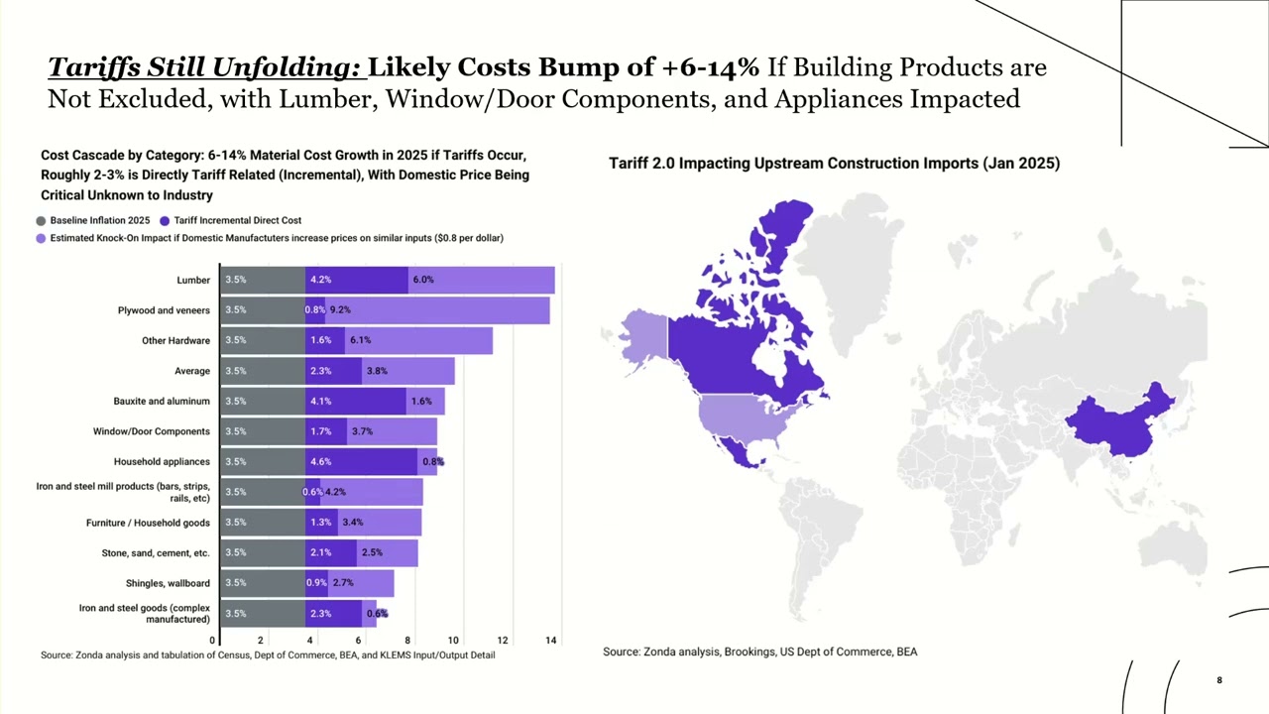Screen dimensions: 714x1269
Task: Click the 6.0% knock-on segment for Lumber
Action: click(x=481, y=280)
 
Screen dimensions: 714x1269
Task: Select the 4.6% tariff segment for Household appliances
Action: click(x=361, y=461)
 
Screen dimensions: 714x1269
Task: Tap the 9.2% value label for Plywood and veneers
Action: click(x=340, y=310)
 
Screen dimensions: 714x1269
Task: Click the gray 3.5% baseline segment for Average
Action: click(x=263, y=371)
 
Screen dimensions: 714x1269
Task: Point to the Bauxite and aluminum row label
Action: click(x=162, y=402)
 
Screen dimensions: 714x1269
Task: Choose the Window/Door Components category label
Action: click(x=152, y=431)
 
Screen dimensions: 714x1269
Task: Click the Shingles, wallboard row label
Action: click(x=168, y=583)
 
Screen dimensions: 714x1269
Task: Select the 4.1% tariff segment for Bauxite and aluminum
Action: click(x=356, y=401)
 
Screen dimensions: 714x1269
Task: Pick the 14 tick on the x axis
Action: click(x=551, y=641)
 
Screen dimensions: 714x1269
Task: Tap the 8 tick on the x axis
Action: click(x=407, y=641)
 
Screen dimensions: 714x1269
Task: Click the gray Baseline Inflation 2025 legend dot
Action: click(x=41, y=221)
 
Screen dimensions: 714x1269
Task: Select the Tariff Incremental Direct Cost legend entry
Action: click(x=237, y=220)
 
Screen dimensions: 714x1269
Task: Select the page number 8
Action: click(x=1219, y=680)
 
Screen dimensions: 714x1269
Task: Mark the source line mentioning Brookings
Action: click(x=759, y=652)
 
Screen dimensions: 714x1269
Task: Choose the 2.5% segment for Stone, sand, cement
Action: click(x=387, y=552)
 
